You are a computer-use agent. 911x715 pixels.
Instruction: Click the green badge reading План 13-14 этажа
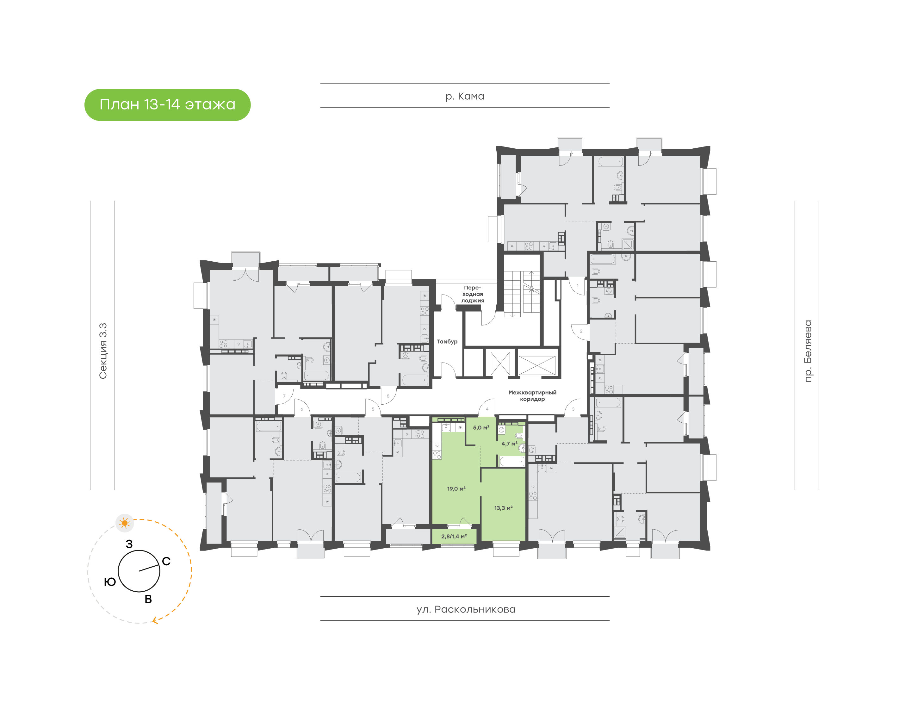[167, 105]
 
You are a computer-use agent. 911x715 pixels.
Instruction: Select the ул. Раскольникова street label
[466, 610]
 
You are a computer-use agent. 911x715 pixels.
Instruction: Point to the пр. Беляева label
[808, 351]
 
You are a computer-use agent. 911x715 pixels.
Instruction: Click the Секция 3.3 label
[103, 351]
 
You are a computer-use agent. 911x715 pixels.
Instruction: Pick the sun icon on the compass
[124, 523]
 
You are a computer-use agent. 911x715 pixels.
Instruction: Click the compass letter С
[166, 561]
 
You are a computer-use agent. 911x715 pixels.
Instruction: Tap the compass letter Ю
[110, 582]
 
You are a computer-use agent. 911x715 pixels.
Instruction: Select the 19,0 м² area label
[456, 488]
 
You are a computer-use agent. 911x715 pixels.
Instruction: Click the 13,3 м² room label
[503, 508]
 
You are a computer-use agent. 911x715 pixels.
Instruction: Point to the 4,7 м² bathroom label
[509, 444]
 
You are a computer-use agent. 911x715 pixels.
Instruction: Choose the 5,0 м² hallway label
[481, 427]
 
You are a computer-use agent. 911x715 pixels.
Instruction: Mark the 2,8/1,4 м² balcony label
[454, 536]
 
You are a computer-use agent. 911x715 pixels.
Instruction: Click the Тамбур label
[447, 342]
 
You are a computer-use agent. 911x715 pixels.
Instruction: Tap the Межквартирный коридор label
[532, 395]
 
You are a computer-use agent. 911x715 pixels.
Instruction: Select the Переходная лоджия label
[473, 294]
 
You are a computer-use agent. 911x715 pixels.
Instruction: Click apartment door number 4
[487, 409]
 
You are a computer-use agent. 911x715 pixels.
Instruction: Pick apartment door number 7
[284, 396]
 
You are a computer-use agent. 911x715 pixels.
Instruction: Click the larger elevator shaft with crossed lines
[537, 365]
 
